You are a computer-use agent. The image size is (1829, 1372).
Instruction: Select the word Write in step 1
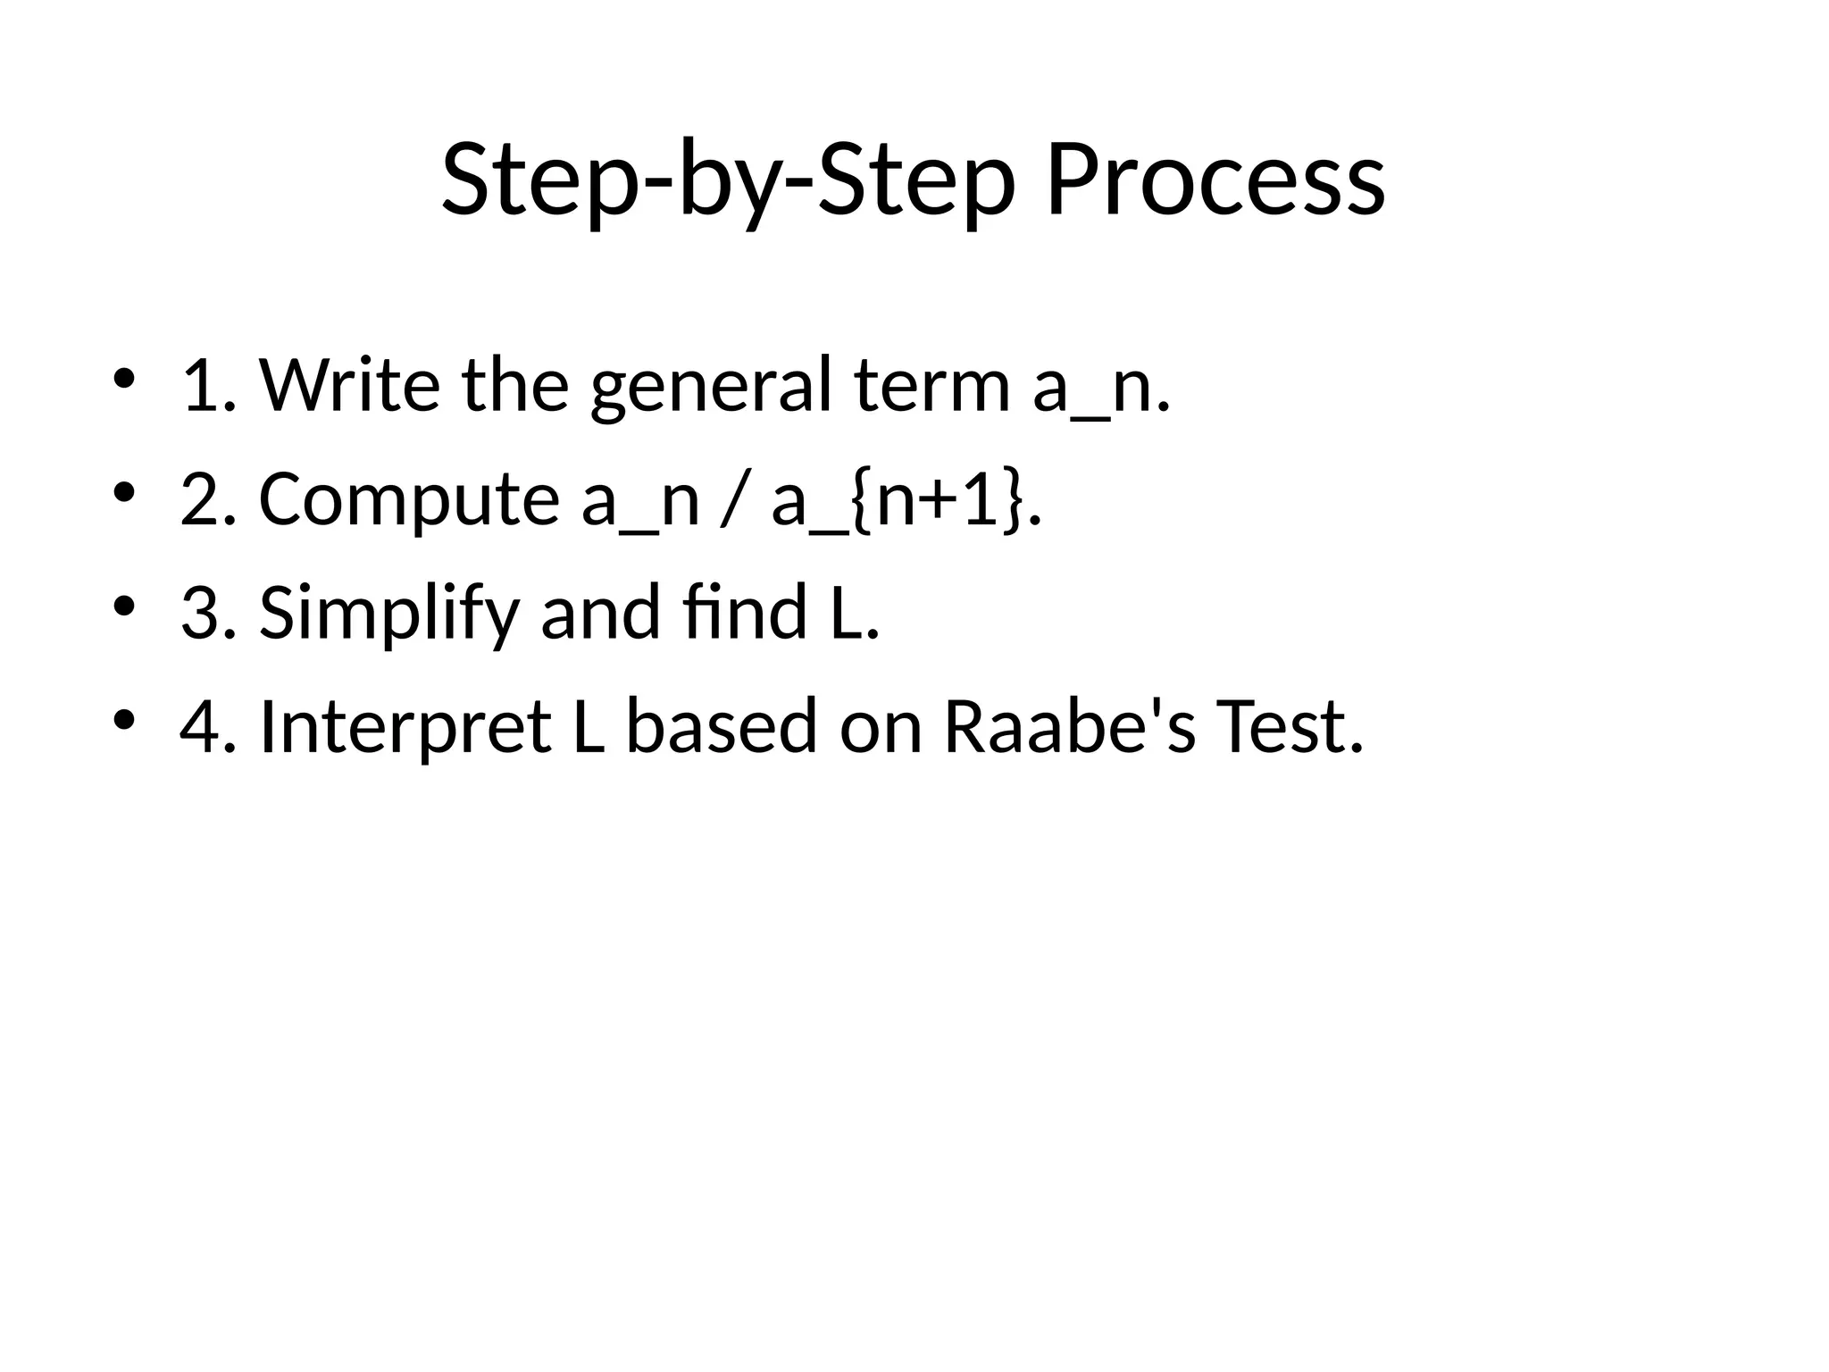pos(349,385)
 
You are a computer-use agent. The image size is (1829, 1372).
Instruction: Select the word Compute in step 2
pos(408,500)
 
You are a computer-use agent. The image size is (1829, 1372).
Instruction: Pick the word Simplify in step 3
pos(388,615)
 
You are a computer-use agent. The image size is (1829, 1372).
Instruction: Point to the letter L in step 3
pos(846,613)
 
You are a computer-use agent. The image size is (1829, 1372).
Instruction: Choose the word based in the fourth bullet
pos(721,726)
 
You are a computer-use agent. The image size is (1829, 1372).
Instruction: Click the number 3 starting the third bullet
pos(197,613)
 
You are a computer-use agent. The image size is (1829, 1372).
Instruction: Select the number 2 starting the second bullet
pos(197,499)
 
